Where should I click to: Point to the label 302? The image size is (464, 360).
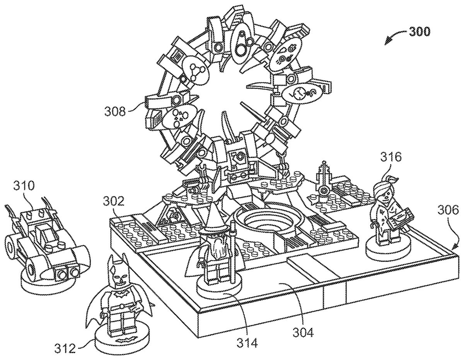point(114,201)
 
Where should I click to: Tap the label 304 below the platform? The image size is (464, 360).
point(303,331)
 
